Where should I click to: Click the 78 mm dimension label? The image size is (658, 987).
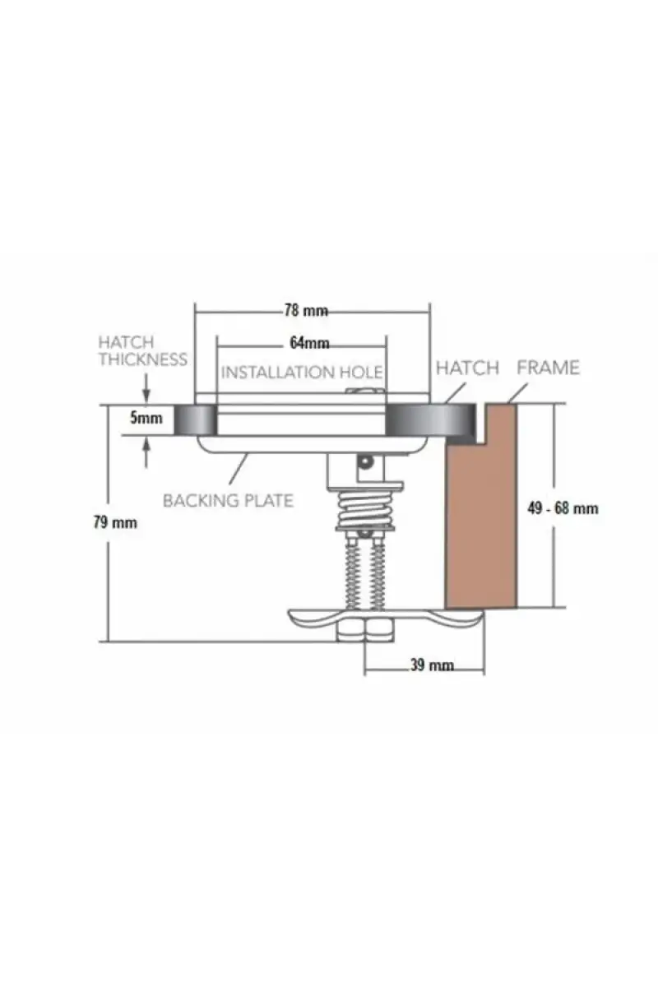[x=305, y=311]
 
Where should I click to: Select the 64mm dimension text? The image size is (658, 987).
[x=309, y=343]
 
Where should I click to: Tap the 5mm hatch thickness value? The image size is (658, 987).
[x=146, y=418]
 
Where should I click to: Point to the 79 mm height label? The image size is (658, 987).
[x=115, y=522]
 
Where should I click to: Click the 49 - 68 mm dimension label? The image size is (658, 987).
[x=563, y=508]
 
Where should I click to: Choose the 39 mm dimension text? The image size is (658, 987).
[x=432, y=665]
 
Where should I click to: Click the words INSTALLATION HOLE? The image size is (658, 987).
[x=302, y=373]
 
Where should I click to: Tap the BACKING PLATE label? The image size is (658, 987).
[x=228, y=501]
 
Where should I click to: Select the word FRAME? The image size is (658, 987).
[x=548, y=368]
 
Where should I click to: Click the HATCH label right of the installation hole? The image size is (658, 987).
[x=467, y=368]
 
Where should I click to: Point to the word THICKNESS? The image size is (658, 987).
[x=143, y=359]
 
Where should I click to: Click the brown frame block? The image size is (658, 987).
[x=481, y=507]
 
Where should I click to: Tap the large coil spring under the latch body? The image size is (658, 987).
[x=364, y=510]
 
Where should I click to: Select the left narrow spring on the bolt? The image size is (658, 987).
[x=352, y=575]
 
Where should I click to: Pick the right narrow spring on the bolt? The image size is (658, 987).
[x=377, y=575]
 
